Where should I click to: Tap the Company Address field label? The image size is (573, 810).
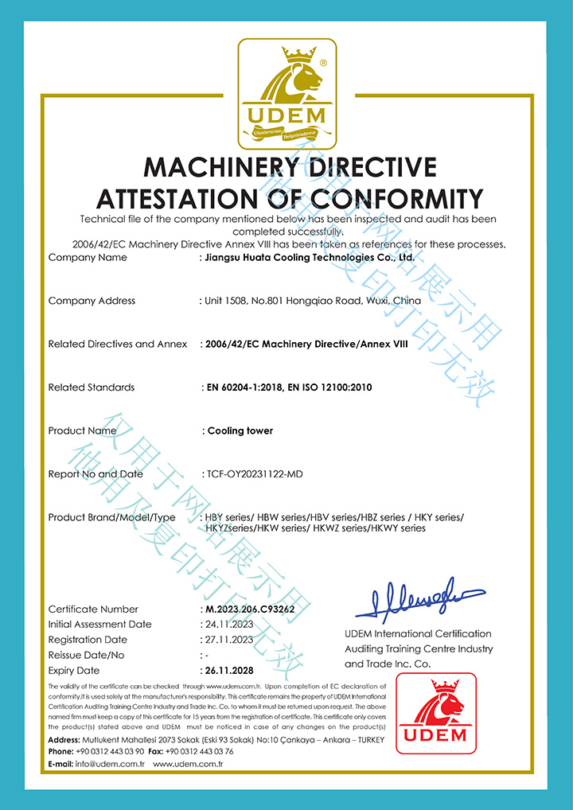pos(92,301)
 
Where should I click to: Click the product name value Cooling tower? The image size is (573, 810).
pos(240,430)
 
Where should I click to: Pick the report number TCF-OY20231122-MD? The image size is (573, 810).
pos(255,474)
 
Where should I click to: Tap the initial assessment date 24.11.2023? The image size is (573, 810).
pos(229,625)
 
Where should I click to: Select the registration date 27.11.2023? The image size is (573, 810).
pos(229,640)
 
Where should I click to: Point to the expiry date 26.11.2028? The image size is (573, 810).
pos(231,671)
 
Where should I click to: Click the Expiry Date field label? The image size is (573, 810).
pos(74,671)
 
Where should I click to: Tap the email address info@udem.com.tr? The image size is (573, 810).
pos(110,764)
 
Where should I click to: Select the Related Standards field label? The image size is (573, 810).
pos(92,387)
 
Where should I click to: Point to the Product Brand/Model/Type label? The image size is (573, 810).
pos(111,517)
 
